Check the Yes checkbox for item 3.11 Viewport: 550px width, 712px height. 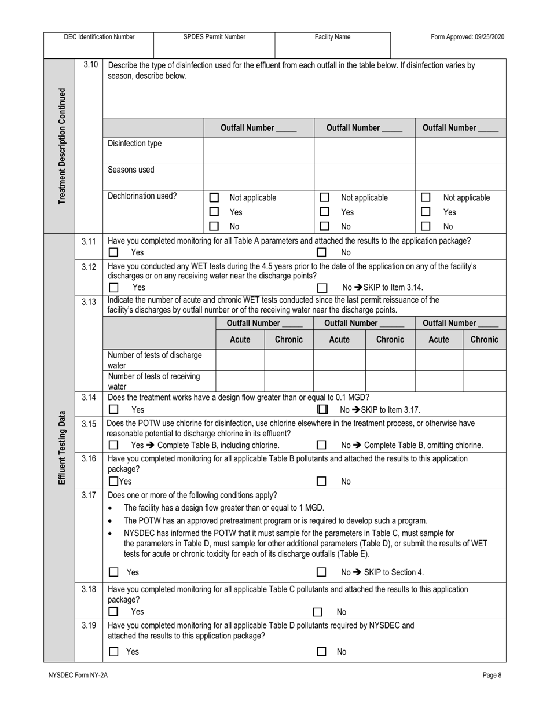point(114,252)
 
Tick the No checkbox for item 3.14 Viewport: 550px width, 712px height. point(322,409)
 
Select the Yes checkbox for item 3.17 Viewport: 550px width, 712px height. point(114,572)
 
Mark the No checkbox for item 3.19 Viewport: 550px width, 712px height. point(321,652)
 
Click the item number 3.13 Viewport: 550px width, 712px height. point(89,301)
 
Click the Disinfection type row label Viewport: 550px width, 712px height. point(135,144)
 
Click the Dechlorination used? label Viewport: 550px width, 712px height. point(142,196)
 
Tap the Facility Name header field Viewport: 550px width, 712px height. point(332,37)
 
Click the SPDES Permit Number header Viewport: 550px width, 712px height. point(214,37)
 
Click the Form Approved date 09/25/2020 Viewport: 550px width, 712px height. point(467,37)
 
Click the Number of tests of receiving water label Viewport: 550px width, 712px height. point(154,381)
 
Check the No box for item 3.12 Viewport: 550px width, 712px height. point(322,287)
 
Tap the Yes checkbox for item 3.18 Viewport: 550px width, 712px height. point(114,611)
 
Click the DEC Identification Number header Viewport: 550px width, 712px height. point(99,37)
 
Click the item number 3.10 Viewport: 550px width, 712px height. point(90,65)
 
